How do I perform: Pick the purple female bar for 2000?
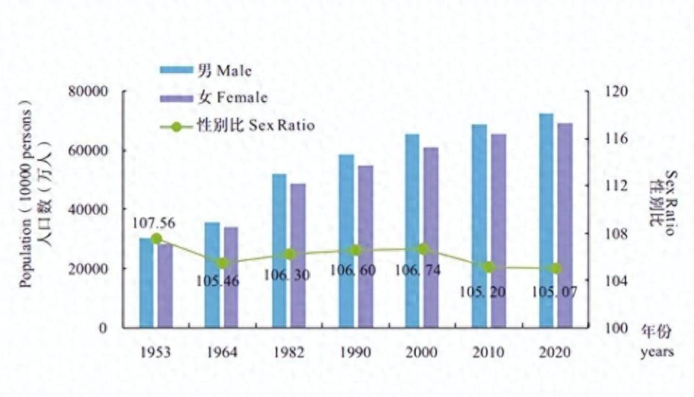pyautogui.click(x=431, y=237)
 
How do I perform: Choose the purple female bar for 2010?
pyautogui.click(x=499, y=231)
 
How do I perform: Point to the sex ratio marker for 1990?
pyautogui.click(x=355, y=250)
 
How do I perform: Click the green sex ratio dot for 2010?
pyautogui.click(x=489, y=267)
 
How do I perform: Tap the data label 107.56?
pyautogui.click(x=154, y=224)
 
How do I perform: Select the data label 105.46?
pyautogui.click(x=218, y=281)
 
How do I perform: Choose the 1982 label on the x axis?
pyautogui.click(x=289, y=352)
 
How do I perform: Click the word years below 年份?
pyautogui.click(x=657, y=352)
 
